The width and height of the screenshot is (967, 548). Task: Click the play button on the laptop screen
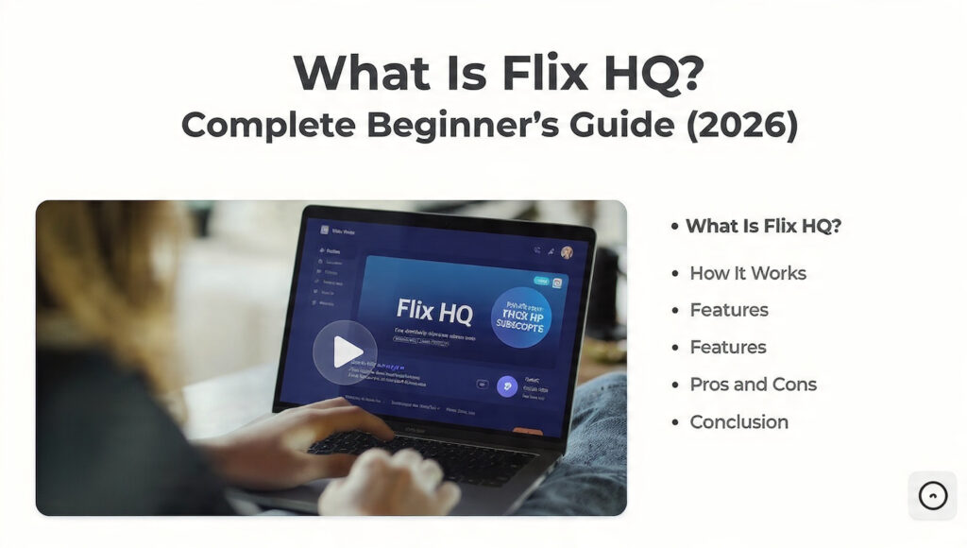click(345, 351)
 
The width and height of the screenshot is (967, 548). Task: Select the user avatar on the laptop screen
click(567, 252)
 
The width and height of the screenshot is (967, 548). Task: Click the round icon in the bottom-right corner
click(932, 495)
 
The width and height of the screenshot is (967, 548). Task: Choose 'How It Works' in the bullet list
click(748, 273)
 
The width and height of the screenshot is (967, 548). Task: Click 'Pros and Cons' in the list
click(753, 385)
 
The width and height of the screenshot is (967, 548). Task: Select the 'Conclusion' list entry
click(738, 421)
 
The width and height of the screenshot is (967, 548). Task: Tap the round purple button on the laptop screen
click(507, 386)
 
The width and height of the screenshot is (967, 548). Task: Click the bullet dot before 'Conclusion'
click(674, 422)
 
